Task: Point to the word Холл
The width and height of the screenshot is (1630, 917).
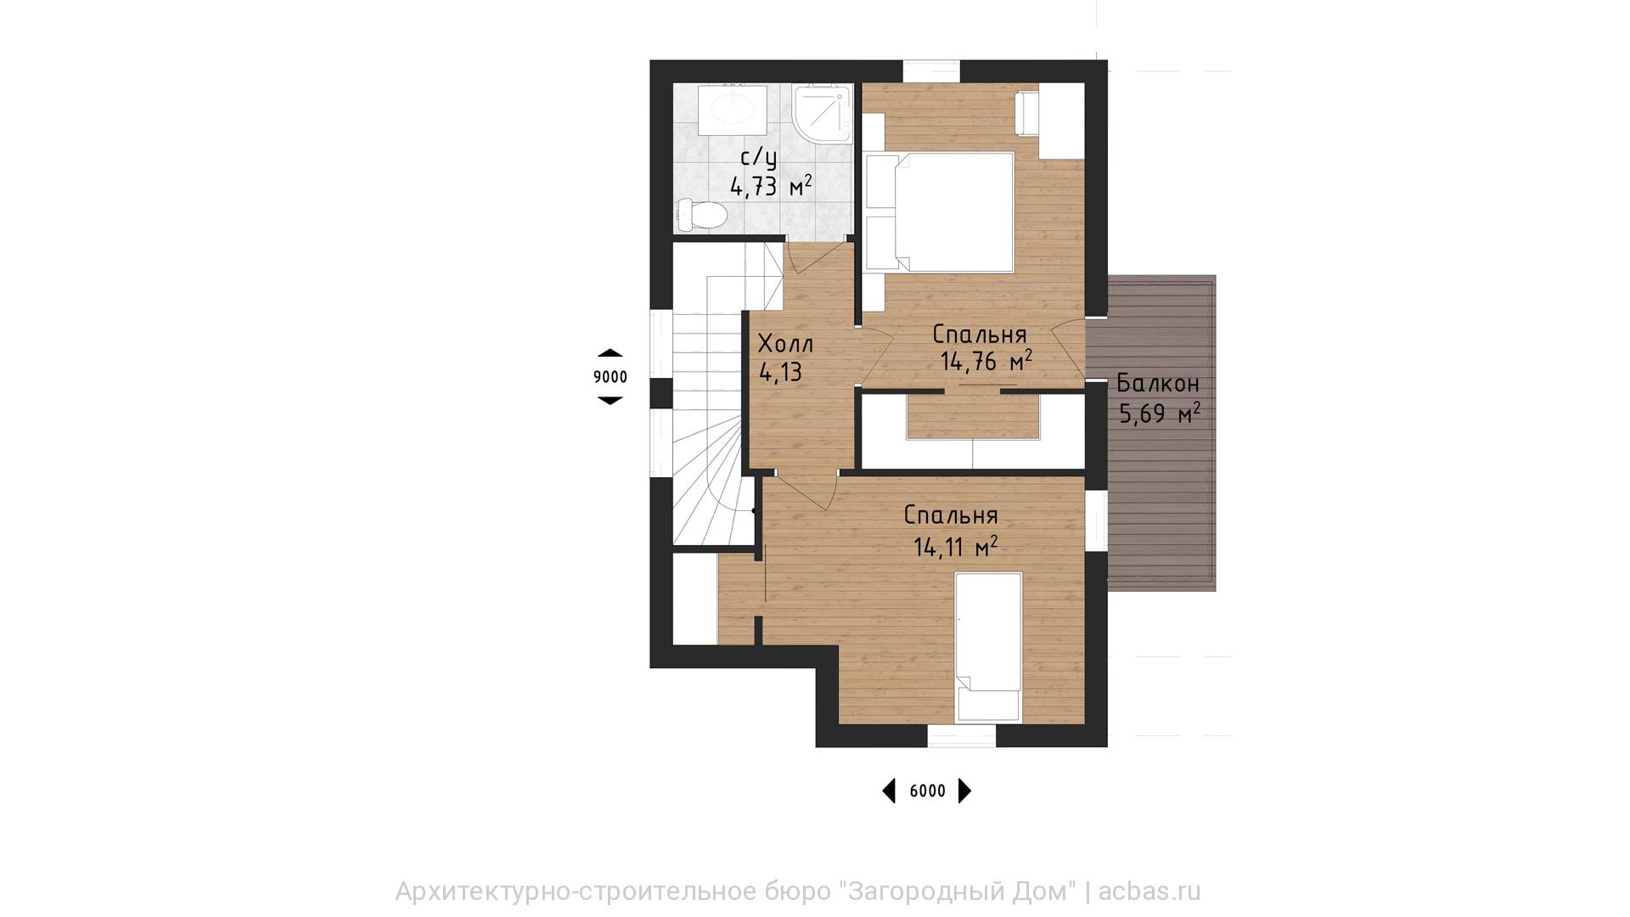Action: point(785,344)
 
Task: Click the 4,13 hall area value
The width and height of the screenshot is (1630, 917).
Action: point(780,372)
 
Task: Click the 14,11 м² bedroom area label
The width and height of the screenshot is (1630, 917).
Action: point(955,546)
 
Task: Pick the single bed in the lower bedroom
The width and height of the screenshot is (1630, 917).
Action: point(988,647)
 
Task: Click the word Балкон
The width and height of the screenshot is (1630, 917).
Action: point(1158,384)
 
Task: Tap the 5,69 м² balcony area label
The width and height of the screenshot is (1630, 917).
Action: point(1160,413)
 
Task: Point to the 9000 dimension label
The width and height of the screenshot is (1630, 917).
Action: point(610,377)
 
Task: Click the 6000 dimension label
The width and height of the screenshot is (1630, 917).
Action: point(927,791)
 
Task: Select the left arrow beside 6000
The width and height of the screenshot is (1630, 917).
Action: point(889,791)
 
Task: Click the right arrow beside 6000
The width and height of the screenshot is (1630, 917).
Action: point(964,791)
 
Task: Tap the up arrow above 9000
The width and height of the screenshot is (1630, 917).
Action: point(610,352)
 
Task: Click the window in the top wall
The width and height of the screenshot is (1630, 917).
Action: point(931,71)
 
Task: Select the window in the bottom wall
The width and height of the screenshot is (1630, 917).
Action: point(961,736)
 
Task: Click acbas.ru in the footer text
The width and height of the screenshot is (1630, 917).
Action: point(1149,892)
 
